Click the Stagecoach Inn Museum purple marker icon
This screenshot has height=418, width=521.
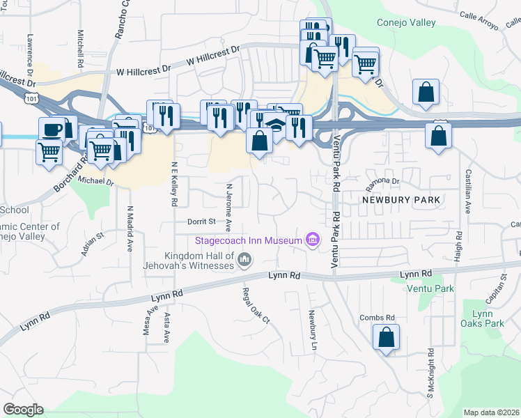pos(313,241)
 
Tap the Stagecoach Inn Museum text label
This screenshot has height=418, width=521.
pos(249,241)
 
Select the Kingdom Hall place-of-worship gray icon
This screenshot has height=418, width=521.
pos(244,261)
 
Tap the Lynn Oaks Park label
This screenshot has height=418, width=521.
pos(482,318)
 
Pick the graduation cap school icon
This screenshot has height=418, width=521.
pos(277,124)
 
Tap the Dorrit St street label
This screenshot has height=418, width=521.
pos(201,222)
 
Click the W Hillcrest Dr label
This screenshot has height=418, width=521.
pos(143,71)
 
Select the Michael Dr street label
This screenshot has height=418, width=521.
pos(95,181)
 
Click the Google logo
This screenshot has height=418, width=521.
pos(24,410)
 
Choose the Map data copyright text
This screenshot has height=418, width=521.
pos(491,412)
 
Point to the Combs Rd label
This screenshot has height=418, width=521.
pos(377,318)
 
